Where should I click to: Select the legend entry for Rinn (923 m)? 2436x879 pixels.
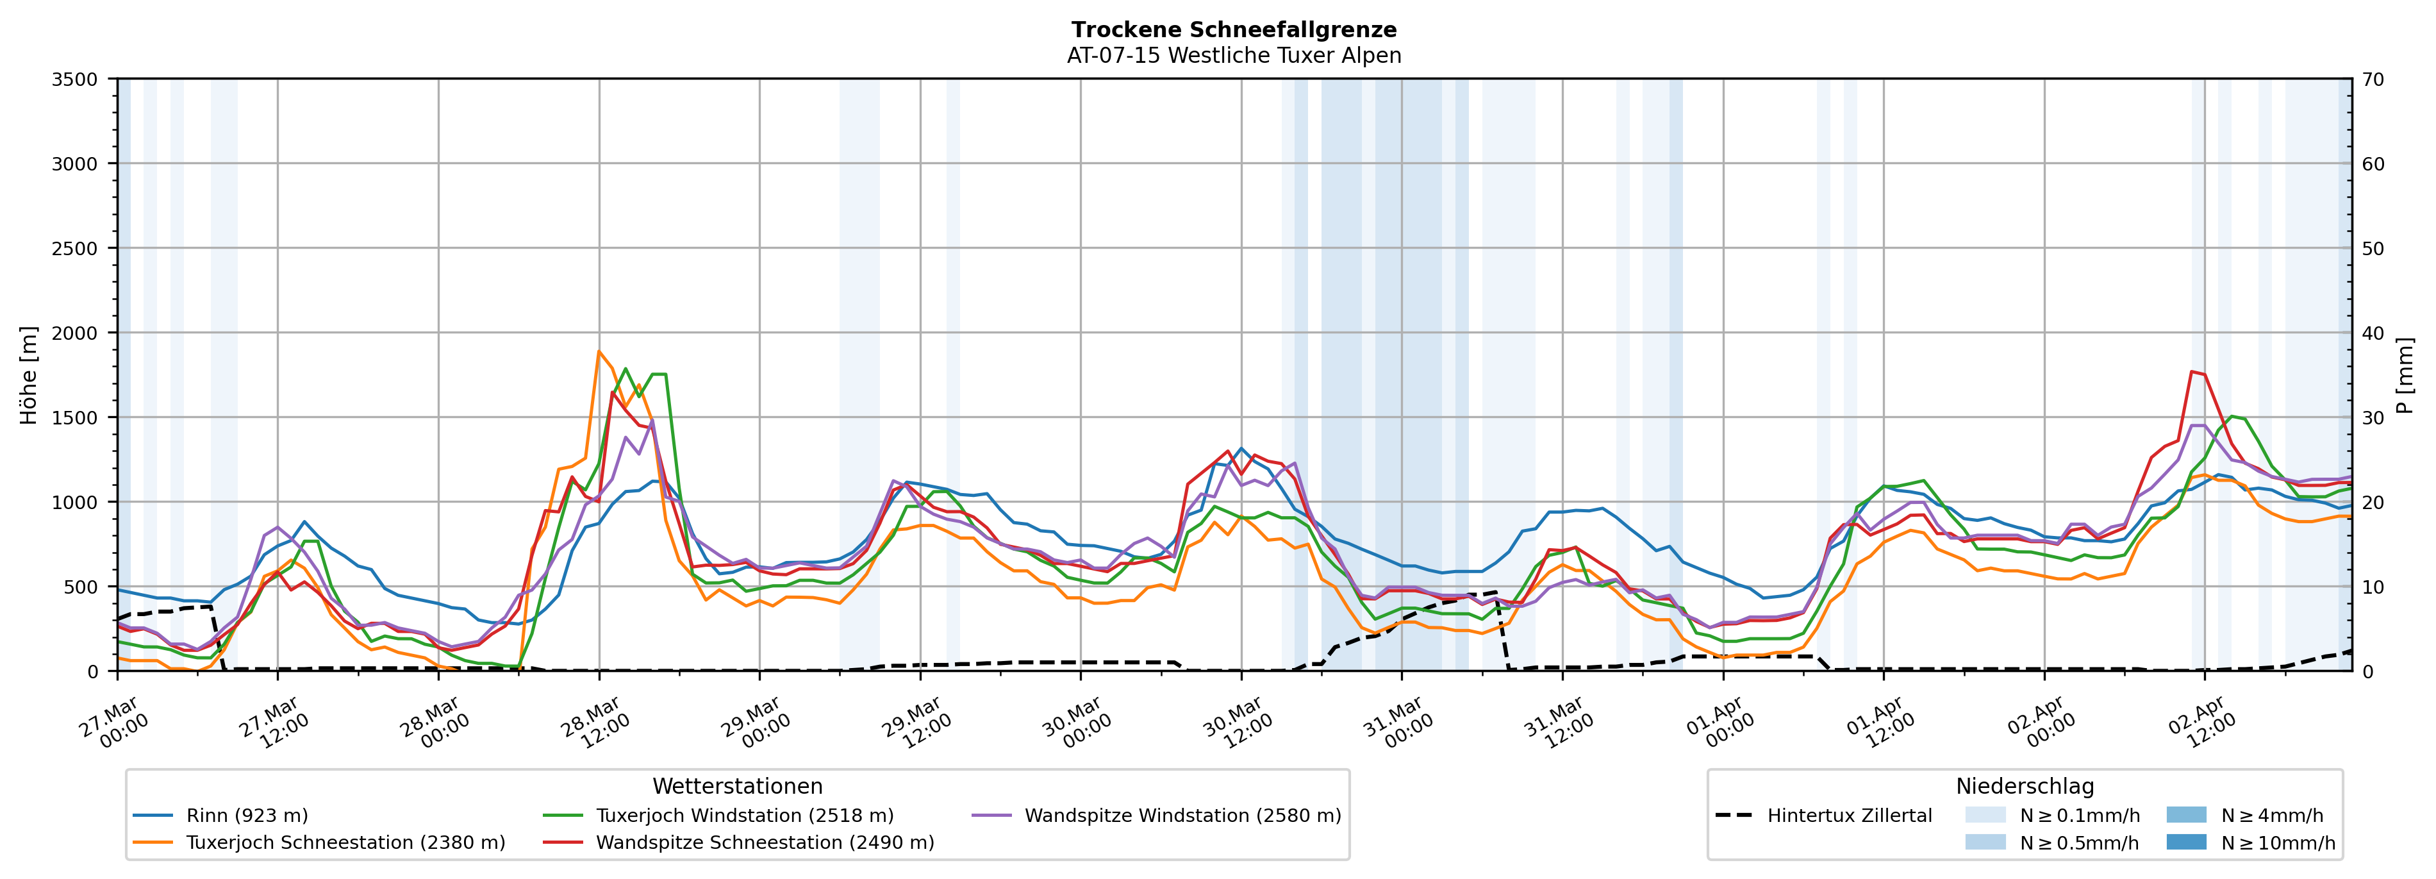247,816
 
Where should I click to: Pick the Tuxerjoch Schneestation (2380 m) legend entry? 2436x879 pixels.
345,843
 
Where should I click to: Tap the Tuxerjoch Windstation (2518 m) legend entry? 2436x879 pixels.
744,816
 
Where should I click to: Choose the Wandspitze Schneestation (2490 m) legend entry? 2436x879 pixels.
764,843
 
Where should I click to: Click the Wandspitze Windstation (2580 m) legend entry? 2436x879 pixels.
1182,816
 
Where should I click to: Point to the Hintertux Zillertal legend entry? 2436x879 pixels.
1849,816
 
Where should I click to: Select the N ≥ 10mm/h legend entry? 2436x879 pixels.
2277,843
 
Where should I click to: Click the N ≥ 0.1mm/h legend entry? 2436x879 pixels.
2078,816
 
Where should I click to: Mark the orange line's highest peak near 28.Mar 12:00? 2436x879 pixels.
599,352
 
